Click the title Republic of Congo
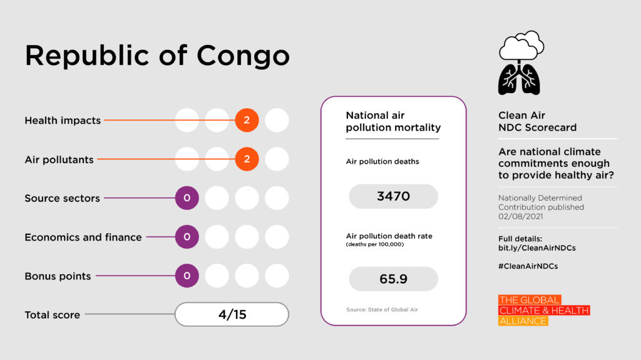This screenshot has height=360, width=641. [x=157, y=56]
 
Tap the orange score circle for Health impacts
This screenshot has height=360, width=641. [x=247, y=120]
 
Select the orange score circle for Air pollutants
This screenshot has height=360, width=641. [x=247, y=159]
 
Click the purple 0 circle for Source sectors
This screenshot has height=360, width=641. [x=187, y=198]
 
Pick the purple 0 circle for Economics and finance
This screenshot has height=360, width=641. [x=187, y=237]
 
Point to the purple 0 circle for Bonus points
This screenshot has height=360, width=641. [x=187, y=276]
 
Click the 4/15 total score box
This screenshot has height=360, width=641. [x=232, y=314]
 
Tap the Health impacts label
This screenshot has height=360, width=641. [x=63, y=121]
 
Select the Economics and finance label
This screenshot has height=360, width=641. [x=83, y=237]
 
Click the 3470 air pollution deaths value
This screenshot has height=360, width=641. [x=393, y=196]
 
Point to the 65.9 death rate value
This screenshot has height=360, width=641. [x=393, y=279]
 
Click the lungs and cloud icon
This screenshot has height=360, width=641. [x=520, y=64]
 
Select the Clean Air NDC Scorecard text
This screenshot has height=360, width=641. [x=537, y=121]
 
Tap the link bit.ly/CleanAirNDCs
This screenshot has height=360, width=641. [x=536, y=247]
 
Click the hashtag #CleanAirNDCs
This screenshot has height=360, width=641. [x=528, y=266]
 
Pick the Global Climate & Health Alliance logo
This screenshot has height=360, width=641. [x=543, y=310]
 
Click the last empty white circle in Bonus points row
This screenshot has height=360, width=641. [x=277, y=276]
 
